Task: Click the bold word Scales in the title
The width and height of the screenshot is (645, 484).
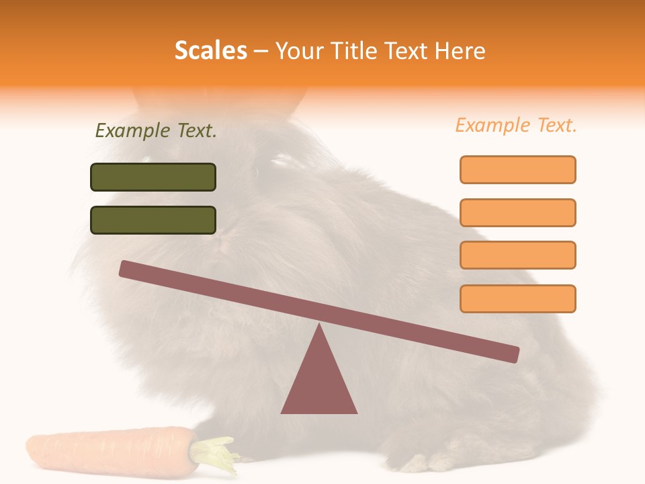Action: [210, 51]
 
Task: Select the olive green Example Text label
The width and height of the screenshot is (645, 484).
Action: [156, 131]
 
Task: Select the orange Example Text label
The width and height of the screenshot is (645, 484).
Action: [516, 126]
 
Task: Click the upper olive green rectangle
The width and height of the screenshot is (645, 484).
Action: [153, 177]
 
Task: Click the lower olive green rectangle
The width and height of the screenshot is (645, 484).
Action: [153, 220]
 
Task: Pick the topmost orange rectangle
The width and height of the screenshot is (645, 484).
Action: [517, 169]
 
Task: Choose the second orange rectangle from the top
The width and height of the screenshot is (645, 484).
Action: [517, 212]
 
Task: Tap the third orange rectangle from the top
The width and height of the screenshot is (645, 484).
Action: [517, 255]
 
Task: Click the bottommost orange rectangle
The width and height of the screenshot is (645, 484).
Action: [517, 298]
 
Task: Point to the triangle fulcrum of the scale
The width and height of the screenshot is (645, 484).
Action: [319, 380]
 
